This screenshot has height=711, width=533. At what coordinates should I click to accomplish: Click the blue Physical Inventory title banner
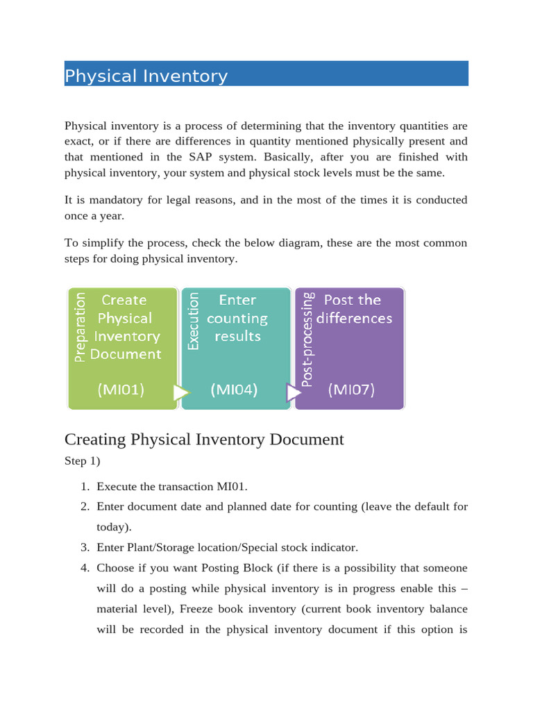(266, 74)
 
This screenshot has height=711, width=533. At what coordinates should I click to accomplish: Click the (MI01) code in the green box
(121, 390)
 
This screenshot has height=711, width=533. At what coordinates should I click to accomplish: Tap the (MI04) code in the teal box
(234, 390)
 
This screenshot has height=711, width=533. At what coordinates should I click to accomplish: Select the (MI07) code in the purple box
(351, 390)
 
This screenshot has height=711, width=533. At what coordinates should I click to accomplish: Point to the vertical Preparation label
(81, 326)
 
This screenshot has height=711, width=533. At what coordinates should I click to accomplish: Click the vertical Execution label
(194, 321)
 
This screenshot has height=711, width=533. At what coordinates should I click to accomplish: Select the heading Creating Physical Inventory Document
(204, 440)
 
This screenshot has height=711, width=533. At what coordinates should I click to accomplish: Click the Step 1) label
(85, 461)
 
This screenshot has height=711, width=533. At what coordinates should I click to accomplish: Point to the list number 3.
(85, 548)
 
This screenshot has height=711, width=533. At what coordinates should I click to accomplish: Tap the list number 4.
(85, 568)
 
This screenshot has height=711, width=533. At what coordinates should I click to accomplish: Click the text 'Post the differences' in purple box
(355, 309)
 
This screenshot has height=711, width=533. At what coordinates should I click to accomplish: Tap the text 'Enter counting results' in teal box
(237, 318)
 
